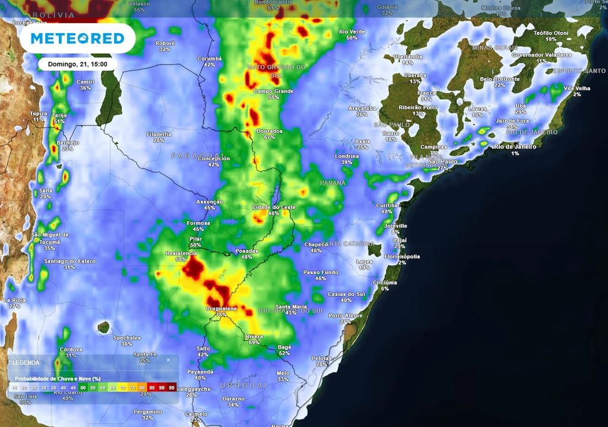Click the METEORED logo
[77, 39]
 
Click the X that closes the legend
[168, 359]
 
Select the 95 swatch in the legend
[172, 387]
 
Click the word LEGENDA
[26, 362]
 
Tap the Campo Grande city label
[274, 91]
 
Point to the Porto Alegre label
[344, 315]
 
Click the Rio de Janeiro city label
[515, 146]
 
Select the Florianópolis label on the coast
[401, 256]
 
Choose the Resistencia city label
[182, 253]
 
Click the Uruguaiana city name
[221, 309]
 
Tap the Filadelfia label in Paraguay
[159, 134]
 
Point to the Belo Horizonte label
[499, 79]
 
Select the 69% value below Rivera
[254, 342]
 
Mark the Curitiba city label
[387, 205]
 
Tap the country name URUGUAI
[243, 385]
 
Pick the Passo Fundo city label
[321, 272]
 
